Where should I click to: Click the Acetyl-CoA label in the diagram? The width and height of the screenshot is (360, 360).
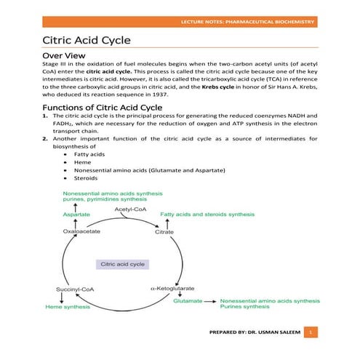coord(132,210)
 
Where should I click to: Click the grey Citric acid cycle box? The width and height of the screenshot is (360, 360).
coord(123,264)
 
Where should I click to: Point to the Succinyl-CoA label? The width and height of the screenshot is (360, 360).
coord(75,290)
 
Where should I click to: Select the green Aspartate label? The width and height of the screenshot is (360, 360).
coord(76,215)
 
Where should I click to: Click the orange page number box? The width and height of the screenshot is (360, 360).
coord(310,332)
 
